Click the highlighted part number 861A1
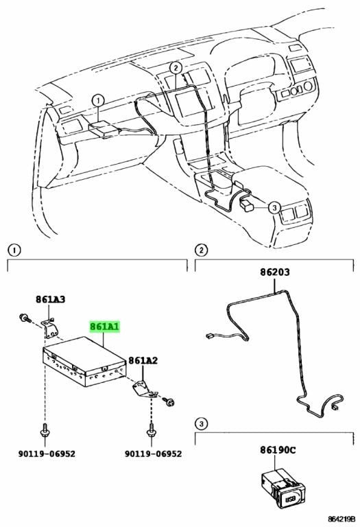coord(104,327)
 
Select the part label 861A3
coord(51,299)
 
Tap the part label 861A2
coord(143,361)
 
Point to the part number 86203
coord(275,272)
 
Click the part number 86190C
coord(278,449)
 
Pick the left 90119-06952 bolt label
coord(47,454)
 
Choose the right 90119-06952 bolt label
coord(153,454)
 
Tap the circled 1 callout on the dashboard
coord(98,100)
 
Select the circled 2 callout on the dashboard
coord(176,68)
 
